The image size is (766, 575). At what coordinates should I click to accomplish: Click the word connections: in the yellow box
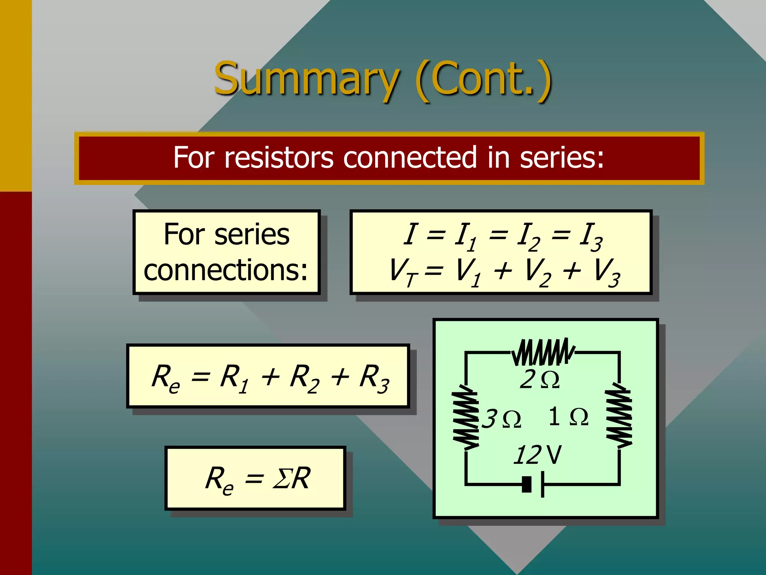coord(226,270)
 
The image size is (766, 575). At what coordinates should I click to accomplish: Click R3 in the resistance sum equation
coord(374,378)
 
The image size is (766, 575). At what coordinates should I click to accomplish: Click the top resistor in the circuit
coord(543,352)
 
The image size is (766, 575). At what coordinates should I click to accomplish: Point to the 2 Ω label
coord(539,380)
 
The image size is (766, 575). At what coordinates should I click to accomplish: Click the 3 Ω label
coord(501,419)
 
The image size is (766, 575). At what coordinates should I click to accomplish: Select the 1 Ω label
coord(568,417)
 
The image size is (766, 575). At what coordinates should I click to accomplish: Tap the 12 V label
coord(537,455)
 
